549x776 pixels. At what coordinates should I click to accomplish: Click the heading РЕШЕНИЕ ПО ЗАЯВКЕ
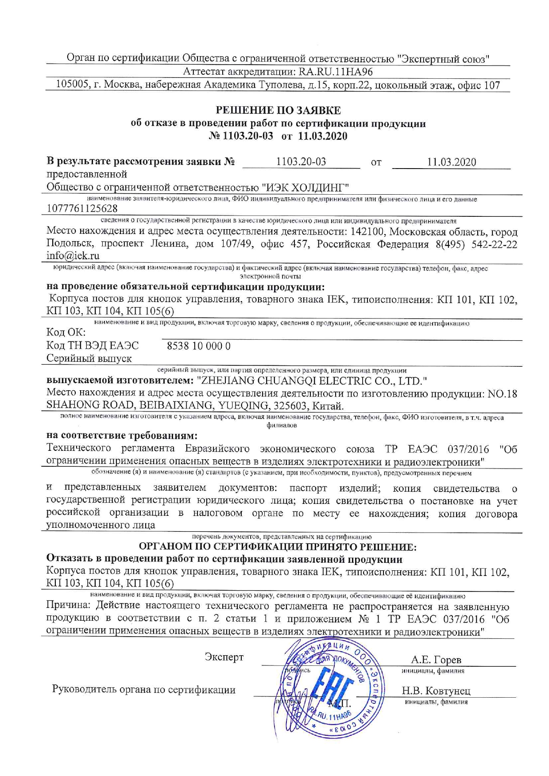[278, 110]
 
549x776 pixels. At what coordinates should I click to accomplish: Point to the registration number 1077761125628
[82, 208]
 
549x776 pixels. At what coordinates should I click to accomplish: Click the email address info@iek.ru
[73, 256]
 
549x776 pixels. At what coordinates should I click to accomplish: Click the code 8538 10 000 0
[198, 346]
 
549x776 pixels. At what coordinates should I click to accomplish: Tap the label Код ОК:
[66, 332]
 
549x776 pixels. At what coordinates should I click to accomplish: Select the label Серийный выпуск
[89, 358]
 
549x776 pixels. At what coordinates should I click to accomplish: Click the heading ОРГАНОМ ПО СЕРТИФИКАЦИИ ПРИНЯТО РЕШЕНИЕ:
[278, 547]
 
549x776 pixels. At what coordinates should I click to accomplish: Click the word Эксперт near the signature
[224, 657]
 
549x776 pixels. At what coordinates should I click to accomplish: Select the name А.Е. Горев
[436, 659]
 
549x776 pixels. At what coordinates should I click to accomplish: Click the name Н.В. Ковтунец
[436, 691]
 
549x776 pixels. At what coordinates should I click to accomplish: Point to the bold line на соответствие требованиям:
[122, 435]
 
